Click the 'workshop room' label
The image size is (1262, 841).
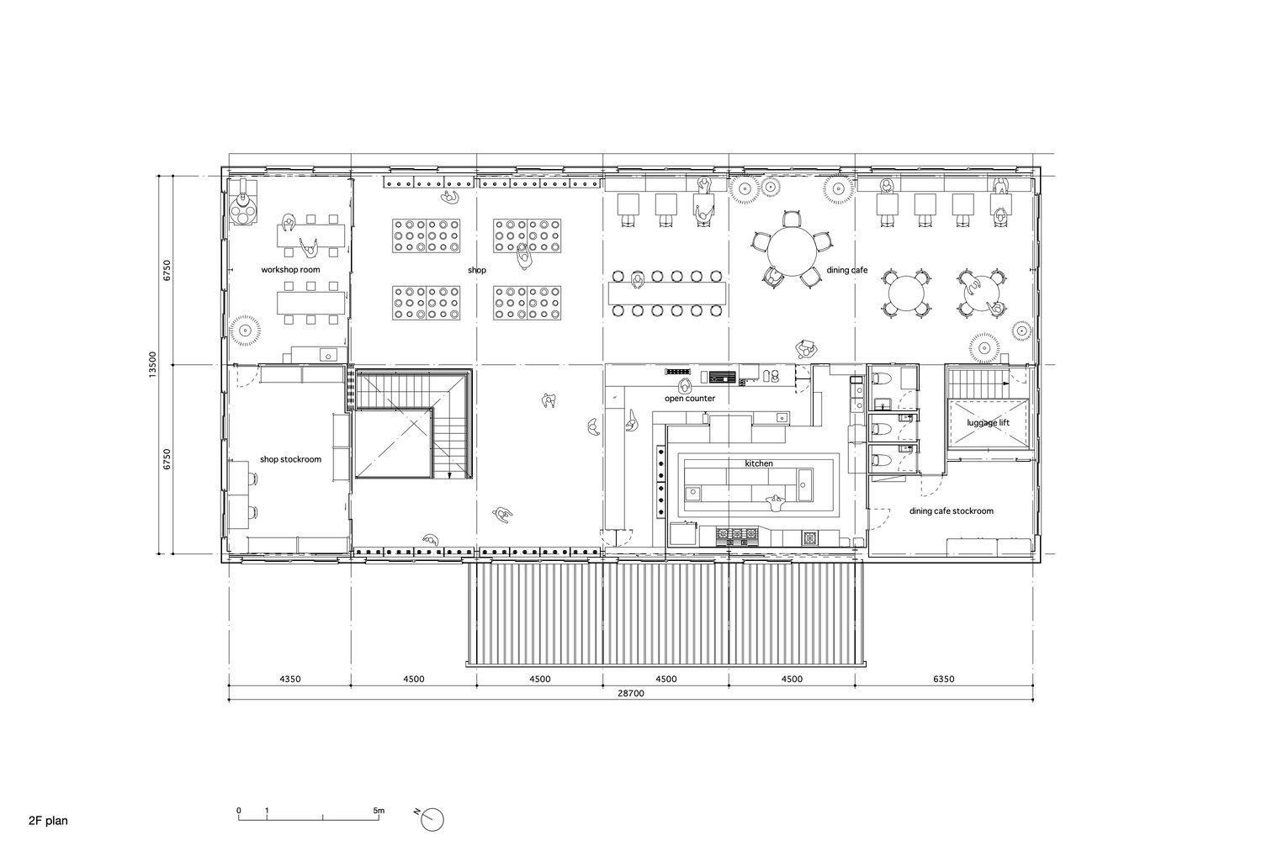point(290,270)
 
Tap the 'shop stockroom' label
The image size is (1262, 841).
point(290,460)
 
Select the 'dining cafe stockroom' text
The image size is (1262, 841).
point(951,511)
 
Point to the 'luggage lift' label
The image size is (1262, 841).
point(989,423)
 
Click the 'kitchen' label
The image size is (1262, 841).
point(759,463)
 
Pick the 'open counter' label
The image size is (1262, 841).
point(690,399)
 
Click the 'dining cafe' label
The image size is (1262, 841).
point(846,271)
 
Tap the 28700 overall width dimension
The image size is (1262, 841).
point(630,694)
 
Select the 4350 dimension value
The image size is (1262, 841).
point(290,680)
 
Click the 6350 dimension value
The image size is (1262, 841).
point(944,680)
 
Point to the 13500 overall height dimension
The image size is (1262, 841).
point(152,365)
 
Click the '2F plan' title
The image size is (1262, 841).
point(49,821)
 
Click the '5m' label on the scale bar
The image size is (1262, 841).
point(379,811)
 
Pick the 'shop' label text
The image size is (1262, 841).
point(477,271)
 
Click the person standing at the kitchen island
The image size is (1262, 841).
point(777,502)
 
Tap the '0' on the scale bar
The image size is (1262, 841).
point(239,811)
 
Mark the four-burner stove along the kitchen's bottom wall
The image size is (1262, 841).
point(737,536)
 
